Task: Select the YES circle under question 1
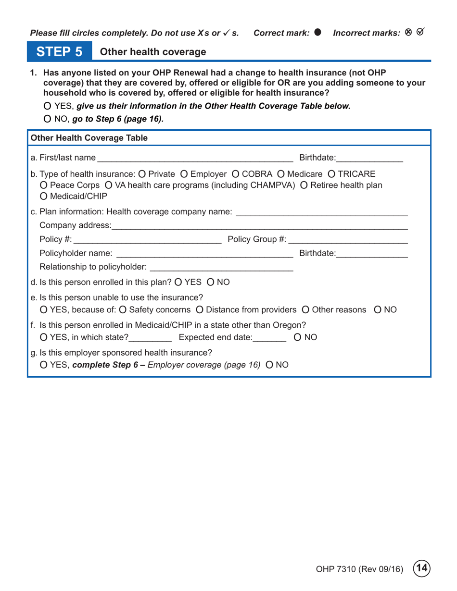tap(47, 106)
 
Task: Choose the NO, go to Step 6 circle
tap(47, 118)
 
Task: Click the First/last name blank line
tap(195, 158)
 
